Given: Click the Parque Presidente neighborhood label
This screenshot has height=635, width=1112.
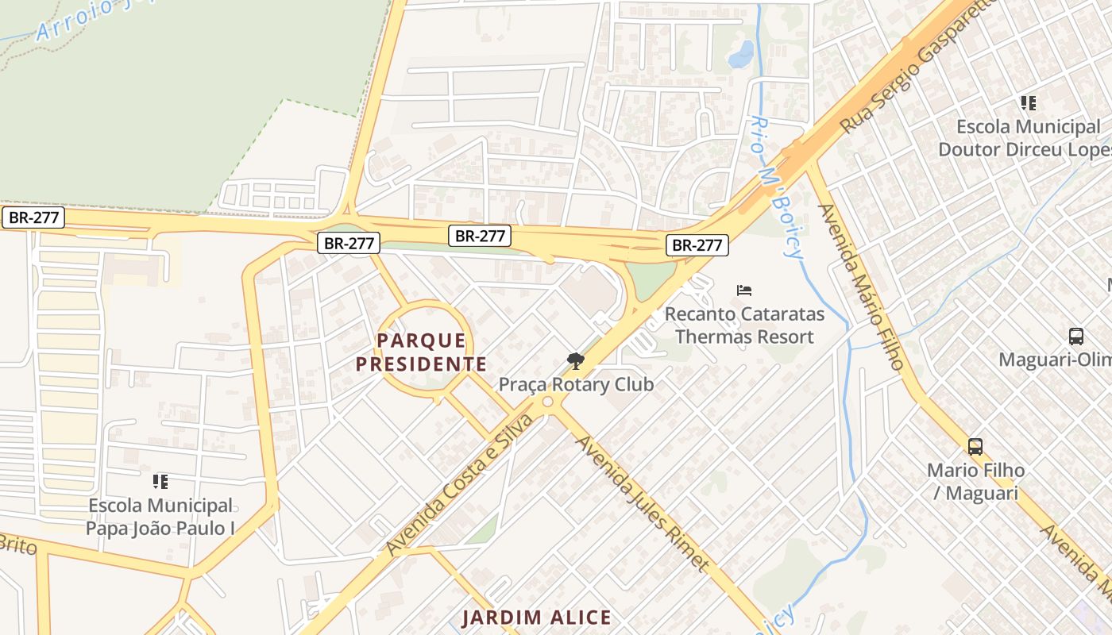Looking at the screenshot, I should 421,352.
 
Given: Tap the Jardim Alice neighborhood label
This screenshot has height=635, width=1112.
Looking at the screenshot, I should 537,618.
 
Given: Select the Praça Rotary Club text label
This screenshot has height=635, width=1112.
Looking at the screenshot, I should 576,384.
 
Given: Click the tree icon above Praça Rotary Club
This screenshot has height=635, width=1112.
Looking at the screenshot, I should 575,362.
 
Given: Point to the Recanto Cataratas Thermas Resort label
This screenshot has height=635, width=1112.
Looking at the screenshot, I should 744,325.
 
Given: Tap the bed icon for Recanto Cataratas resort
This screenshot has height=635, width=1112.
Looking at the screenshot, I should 744,291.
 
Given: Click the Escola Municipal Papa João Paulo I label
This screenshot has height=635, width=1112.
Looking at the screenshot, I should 160,517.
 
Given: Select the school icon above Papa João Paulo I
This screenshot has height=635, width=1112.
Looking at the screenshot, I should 160,482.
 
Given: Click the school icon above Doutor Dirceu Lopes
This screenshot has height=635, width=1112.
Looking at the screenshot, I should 1029,103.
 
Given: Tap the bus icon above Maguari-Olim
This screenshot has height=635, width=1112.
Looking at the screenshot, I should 1076,337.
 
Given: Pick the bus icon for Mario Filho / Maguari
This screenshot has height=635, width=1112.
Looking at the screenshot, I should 975,447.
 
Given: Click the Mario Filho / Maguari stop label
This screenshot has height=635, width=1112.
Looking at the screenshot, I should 975,482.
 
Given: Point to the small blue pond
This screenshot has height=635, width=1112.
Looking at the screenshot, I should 741,54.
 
